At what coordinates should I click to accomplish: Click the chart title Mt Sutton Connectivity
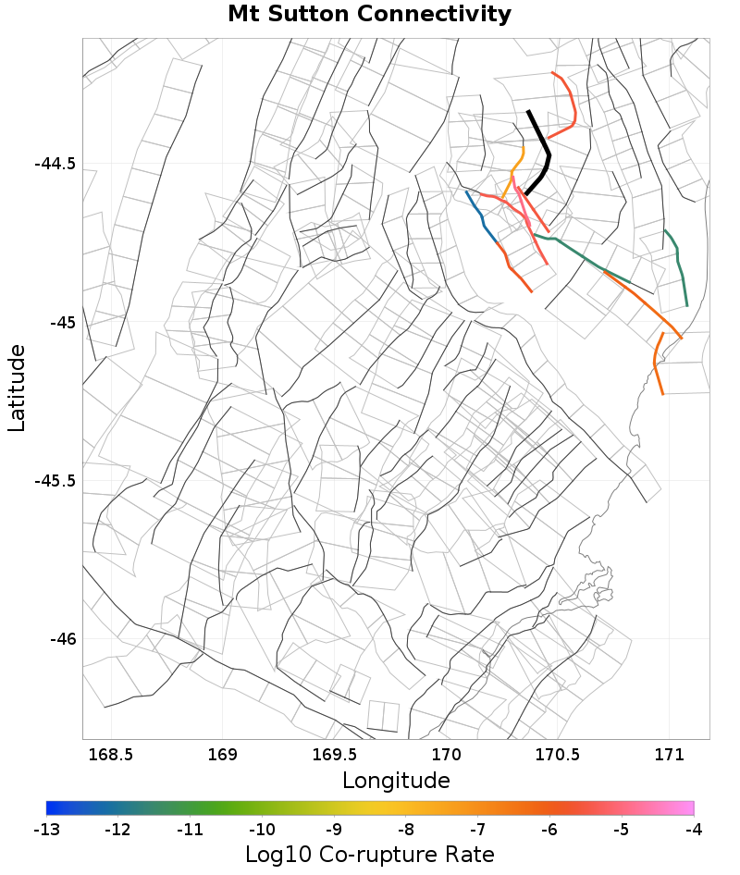click(x=369, y=15)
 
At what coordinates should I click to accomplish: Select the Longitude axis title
click(x=396, y=781)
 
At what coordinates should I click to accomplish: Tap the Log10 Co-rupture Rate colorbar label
click(x=369, y=855)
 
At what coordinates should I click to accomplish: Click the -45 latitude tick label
click(x=61, y=323)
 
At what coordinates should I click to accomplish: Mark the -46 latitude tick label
click(x=61, y=639)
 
